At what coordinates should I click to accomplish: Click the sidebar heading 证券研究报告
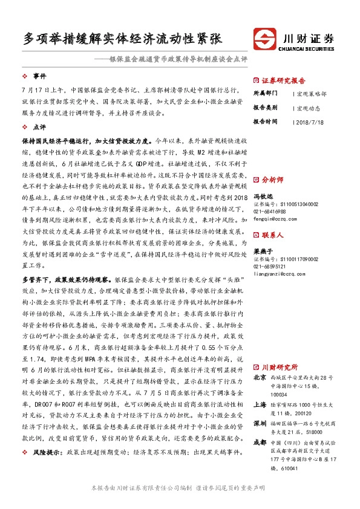(x=283, y=80)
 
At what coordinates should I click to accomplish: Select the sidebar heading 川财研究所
(x=278, y=366)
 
